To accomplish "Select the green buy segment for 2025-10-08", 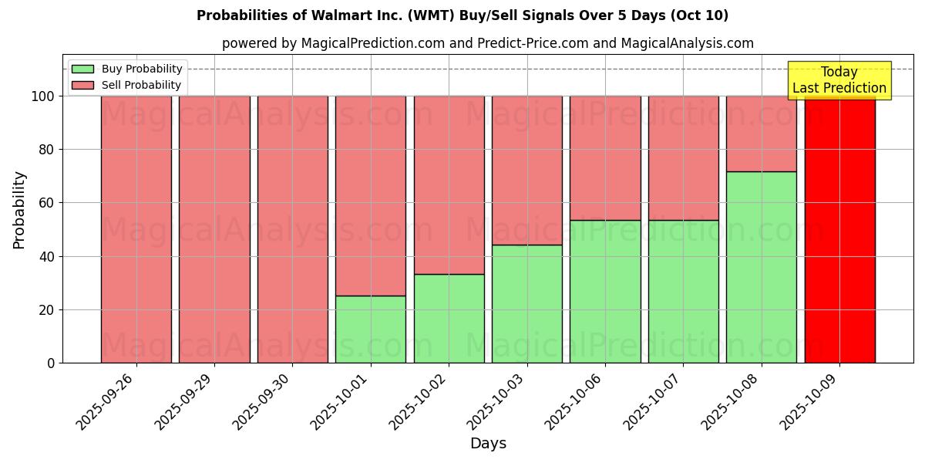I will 762,267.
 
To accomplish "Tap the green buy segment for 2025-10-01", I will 371,330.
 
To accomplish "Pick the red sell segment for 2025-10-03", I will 527,170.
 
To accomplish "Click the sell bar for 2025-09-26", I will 136,229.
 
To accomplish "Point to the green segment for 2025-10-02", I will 449,319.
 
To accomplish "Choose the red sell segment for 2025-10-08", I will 762,133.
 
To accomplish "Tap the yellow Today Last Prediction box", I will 839,80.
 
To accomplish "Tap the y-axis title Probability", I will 19,210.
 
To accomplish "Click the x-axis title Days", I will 488,444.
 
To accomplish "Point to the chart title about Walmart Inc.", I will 462,15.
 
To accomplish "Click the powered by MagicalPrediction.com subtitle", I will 488,43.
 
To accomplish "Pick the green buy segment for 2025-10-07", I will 683,292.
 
